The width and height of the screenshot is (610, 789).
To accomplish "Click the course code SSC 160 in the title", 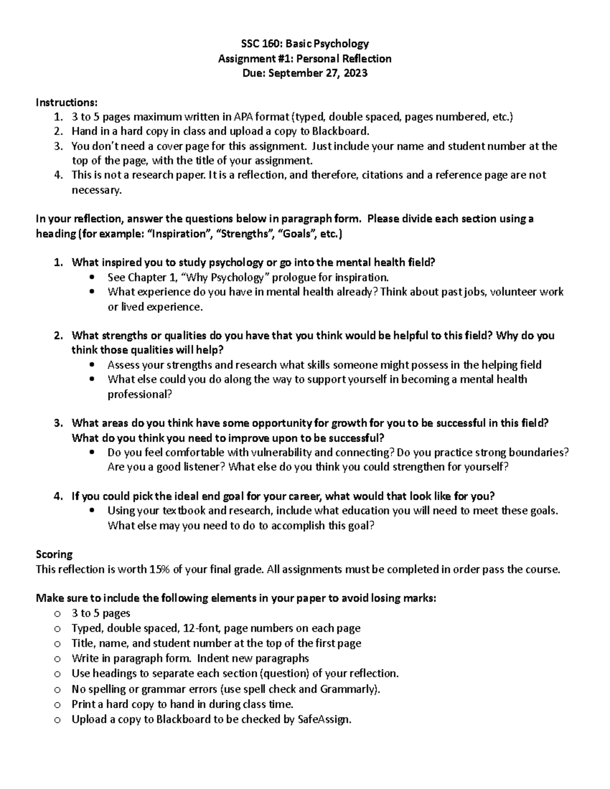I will point(258,43).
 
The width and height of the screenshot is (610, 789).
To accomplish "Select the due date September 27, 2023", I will point(318,73).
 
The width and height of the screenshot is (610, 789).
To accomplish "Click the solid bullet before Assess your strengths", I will point(91,365).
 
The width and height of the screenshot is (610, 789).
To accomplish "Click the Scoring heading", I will point(54,554).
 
